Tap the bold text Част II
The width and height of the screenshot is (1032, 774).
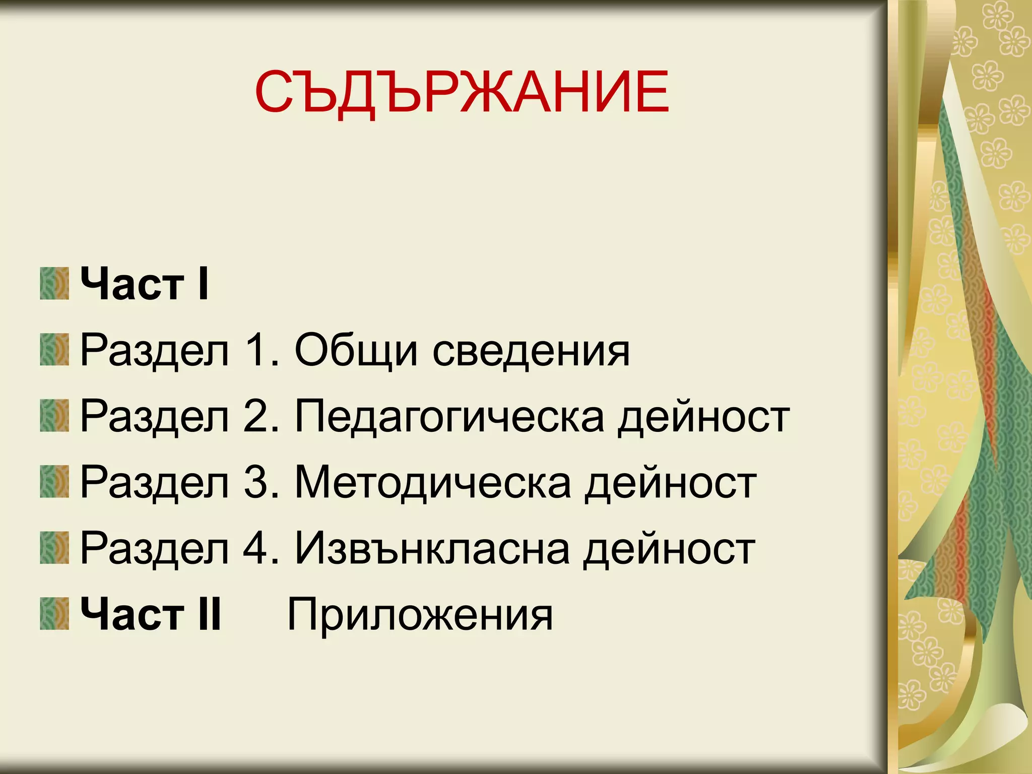pyautogui.click(x=151, y=614)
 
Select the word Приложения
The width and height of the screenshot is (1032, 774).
pyautogui.click(x=420, y=615)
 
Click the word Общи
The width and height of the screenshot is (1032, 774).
pyautogui.click(x=356, y=350)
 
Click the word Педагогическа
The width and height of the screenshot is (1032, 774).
pyautogui.click(x=449, y=417)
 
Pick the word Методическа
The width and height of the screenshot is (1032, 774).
pyautogui.click(x=432, y=483)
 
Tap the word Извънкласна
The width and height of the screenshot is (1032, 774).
pyautogui.click(x=432, y=548)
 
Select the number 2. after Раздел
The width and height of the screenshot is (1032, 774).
pyautogui.click(x=261, y=417)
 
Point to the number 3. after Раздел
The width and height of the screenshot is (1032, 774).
pyautogui.click(x=261, y=483)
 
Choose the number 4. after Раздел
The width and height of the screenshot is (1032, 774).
pyautogui.click(x=261, y=548)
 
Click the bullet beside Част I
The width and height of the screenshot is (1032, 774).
pyautogui.click(x=54, y=284)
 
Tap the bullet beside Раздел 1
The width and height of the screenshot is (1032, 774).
pyautogui.click(x=54, y=350)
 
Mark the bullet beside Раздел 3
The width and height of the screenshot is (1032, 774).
pyautogui.click(x=54, y=482)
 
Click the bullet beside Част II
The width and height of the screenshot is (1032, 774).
pyautogui.click(x=54, y=614)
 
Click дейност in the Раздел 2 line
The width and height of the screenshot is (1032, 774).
pyautogui.click(x=703, y=417)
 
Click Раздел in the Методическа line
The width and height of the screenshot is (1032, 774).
pyautogui.click(x=154, y=483)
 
